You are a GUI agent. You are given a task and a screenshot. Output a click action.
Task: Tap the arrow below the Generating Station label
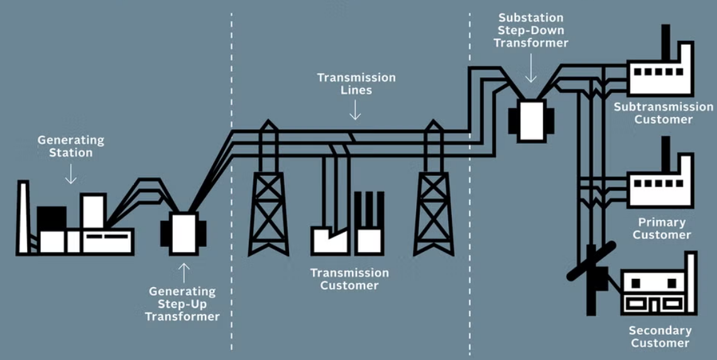(x=71, y=174)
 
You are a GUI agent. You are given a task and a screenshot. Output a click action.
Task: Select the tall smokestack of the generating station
(x=23, y=217)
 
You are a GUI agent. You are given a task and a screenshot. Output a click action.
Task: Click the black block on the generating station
(x=52, y=218)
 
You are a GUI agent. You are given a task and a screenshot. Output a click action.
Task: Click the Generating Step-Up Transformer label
(x=182, y=303)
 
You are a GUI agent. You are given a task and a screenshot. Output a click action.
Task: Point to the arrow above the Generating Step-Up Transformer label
(x=184, y=272)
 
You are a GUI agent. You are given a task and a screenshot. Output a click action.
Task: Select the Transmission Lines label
(x=356, y=84)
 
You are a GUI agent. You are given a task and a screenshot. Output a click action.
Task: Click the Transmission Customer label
(x=350, y=279)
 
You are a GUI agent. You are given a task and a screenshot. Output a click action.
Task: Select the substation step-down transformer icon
(x=531, y=119)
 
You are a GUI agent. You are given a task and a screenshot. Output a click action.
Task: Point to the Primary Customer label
(x=662, y=228)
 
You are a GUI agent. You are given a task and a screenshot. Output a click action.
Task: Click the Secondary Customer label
(x=660, y=336)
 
